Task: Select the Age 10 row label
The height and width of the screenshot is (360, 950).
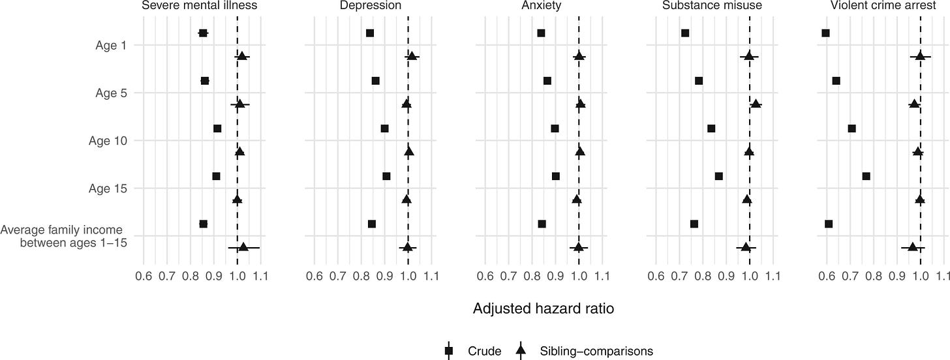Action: pyautogui.click(x=108, y=140)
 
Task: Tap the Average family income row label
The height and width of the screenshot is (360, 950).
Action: pyautogui.click(x=63, y=236)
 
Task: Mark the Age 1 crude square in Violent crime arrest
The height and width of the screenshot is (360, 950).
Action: pyautogui.click(x=825, y=33)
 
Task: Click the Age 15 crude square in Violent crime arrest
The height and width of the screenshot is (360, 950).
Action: pyautogui.click(x=866, y=176)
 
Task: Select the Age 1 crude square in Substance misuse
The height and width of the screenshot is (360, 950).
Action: pyautogui.click(x=685, y=33)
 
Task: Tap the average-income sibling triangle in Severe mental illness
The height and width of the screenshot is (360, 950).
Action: pyautogui.click(x=243, y=247)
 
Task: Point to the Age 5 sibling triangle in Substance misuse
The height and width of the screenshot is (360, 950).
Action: pyautogui.click(x=756, y=104)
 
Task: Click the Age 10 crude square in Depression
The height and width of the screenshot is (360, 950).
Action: pyautogui.click(x=384, y=128)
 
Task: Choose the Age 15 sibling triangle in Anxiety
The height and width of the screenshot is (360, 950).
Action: pyautogui.click(x=577, y=200)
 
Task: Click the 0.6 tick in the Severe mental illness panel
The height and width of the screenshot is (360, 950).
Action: pyautogui.click(x=144, y=277)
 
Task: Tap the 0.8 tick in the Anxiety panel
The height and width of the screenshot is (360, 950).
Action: pyautogui.click(x=532, y=277)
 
